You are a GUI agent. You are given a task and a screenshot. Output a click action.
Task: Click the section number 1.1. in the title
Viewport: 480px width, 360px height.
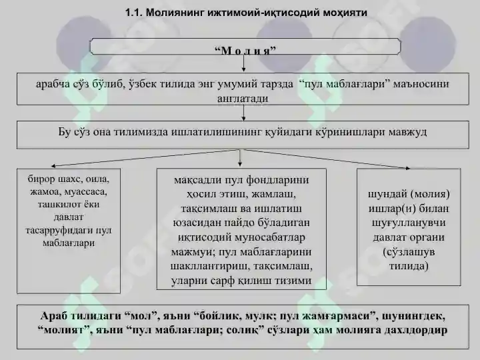coord(134,13)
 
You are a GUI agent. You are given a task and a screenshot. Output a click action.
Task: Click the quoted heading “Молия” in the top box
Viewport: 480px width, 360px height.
coord(245,50)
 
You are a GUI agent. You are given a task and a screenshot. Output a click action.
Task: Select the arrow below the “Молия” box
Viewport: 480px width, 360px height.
coord(243,63)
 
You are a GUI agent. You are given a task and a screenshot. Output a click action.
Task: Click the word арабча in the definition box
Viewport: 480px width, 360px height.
coord(53,84)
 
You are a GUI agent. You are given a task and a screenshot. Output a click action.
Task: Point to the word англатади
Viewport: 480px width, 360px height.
coord(243,98)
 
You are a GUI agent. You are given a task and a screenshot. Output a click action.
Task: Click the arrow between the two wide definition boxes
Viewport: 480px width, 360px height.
coord(243,113)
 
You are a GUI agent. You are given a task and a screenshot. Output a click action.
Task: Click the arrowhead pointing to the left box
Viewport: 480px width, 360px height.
coord(53,166)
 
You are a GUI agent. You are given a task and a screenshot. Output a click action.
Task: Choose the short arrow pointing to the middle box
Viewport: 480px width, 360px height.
coord(240,158)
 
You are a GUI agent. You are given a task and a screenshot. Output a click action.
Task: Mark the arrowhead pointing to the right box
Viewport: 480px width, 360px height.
coord(407,168)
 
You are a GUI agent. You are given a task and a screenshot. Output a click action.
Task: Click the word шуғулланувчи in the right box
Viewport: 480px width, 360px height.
coord(409,223)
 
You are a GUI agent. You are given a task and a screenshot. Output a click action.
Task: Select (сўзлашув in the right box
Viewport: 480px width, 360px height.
coord(409,252)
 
